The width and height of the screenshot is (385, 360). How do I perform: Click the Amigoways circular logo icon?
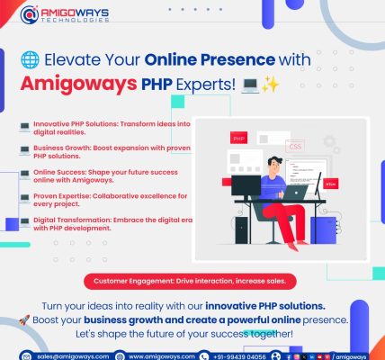point(30,14)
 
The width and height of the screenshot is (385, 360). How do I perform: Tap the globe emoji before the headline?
point(30,59)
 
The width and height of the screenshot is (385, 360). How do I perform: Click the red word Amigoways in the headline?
point(78,85)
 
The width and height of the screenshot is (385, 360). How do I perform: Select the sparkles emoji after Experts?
point(270,85)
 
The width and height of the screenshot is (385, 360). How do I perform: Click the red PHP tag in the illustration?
point(238,139)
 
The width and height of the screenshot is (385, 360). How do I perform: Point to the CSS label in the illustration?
point(295,147)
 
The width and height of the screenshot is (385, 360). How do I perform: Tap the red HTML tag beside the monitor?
point(331,184)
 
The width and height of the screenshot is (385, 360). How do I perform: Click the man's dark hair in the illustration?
point(274,161)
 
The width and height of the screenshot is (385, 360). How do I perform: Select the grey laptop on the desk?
point(295,193)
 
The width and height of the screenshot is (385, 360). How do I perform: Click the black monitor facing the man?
point(246,185)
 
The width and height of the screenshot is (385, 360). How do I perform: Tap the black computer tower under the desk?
point(241,230)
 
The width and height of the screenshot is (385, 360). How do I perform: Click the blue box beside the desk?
point(323,230)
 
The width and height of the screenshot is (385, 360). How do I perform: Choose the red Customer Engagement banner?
point(190,282)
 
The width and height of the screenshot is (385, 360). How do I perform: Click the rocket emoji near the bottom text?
point(24,320)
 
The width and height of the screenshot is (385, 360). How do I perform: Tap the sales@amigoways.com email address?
point(73,356)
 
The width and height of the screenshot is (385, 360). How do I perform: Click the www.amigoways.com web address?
point(162,356)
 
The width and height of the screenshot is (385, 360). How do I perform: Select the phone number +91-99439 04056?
point(239,356)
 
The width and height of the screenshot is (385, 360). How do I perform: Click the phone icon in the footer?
point(204,356)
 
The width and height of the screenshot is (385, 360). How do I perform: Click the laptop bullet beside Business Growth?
point(24,150)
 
